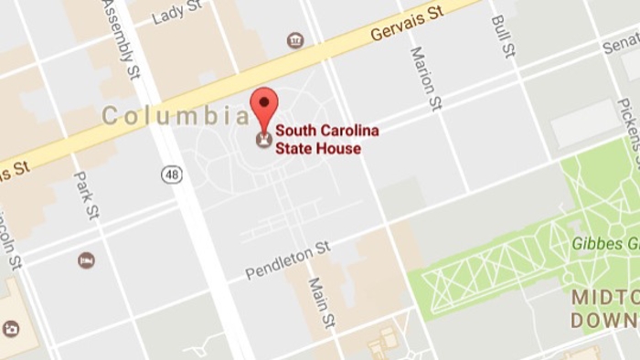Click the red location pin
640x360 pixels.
tap(264, 106)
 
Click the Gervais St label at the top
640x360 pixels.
tap(407, 25)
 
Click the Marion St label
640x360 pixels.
tap(425, 79)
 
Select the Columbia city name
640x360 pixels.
tap(175, 116)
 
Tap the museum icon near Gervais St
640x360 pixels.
tap(294, 40)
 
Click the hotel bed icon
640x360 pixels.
tap(86, 259)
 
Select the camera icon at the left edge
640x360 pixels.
tap(10, 328)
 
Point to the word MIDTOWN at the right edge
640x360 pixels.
tap(605, 299)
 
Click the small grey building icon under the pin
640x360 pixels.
tap(264, 140)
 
